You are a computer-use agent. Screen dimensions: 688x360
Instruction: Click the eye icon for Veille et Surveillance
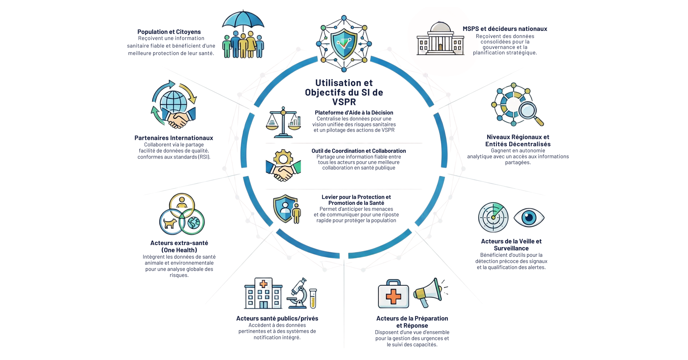click(529, 218)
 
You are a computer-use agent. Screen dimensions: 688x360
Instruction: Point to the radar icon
click(493, 217)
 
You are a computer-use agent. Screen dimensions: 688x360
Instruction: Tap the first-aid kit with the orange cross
click(393, 294)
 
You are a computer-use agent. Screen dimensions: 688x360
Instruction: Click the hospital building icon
click(263, 293)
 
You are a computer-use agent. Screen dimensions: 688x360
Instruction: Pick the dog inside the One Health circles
click(170, 223)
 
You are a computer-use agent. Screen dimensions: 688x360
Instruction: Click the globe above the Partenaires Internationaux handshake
click(173, 102)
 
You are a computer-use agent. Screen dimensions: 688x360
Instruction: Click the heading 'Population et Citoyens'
click(169, 32)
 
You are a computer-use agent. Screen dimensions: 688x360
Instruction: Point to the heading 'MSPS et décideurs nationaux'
click(505, 29)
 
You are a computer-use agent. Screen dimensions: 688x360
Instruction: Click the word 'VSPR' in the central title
click(344, 102)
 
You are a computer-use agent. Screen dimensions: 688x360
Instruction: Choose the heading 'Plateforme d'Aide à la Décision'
click(354, 113)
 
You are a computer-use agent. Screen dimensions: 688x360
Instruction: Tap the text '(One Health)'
click(179, 250)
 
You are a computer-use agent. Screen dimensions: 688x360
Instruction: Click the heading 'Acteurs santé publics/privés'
click(277, 318)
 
